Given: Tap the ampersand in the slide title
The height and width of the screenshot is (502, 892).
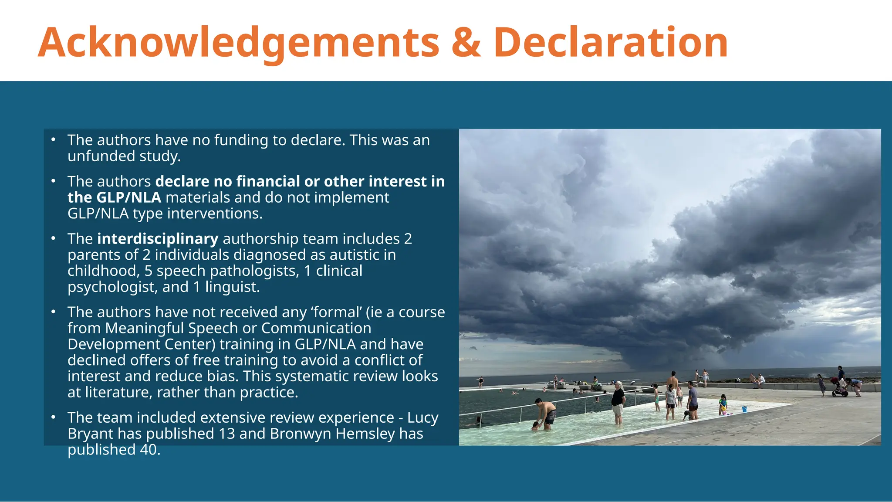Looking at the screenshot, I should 466,43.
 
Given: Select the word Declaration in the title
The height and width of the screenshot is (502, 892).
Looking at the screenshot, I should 610,43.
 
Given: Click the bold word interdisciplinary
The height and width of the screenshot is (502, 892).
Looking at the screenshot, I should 158,239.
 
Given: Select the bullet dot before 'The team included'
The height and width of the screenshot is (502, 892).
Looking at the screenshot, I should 53,417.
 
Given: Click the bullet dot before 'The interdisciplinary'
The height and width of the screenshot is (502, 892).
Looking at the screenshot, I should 53,239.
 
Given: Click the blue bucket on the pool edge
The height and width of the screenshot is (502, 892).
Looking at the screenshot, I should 744,409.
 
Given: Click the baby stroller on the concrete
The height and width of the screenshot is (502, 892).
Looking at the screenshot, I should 839,388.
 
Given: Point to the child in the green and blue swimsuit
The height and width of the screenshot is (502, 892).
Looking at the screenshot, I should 723,404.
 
